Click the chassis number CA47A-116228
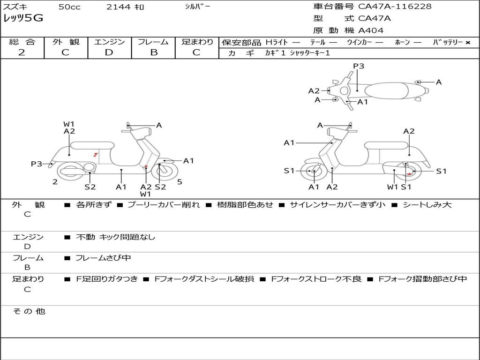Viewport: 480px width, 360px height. click(x=395, y=7)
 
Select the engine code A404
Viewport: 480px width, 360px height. click(x=371, y=30)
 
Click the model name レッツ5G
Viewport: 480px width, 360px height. click(x=23, y=19)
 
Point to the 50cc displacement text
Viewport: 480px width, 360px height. click(x=69, y=7)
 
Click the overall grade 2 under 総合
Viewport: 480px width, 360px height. click(x=22, y=52)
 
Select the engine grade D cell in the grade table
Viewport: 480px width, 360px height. click(x=109, y=52)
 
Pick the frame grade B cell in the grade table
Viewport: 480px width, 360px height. click(x=153, y=52)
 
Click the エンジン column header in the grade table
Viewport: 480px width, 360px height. click(x=109, y=42)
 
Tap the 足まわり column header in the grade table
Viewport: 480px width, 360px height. click(x=197, y=42)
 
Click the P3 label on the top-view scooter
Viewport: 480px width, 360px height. click(x=359, y=66)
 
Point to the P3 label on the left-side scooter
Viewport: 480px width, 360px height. click(x=37, y=164)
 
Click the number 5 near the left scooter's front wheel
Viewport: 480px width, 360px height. click(x=180, y=181)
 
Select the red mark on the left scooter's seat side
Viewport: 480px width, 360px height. click(x=96, y=154)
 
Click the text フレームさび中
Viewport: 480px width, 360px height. click(x=103, y=258)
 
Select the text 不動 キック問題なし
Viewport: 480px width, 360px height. click(x=115, y=237)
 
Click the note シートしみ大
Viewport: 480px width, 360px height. click(x=427, y=205)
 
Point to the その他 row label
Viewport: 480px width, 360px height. click(x=29, y=311)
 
